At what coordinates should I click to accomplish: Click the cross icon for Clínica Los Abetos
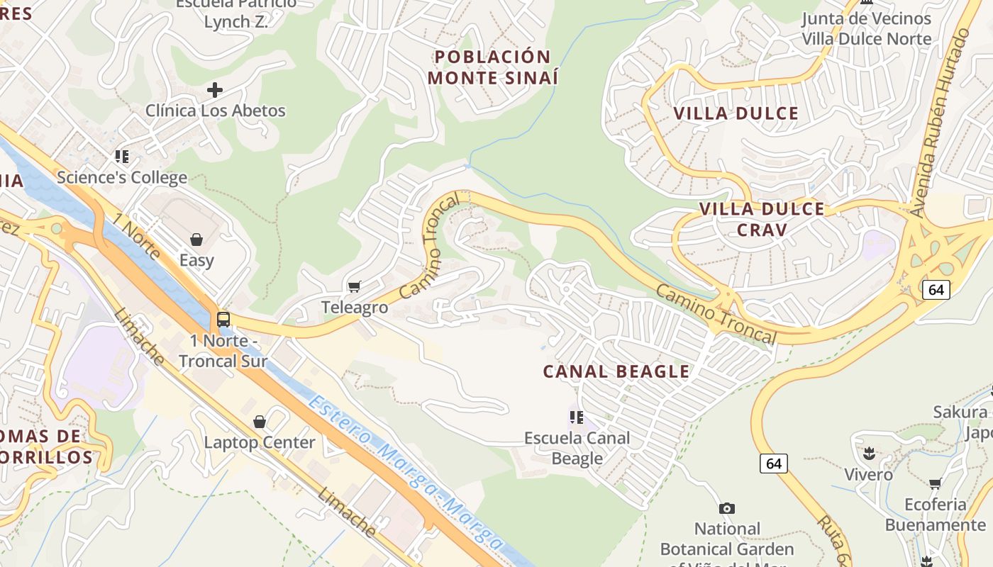point(214,90)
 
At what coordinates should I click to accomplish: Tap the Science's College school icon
point(122,156)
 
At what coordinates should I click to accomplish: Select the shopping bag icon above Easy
point(196,240)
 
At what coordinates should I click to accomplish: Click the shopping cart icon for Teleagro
point(354,286)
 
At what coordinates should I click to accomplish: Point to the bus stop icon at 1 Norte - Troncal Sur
point(223,320)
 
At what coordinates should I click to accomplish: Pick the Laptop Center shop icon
point(260,422)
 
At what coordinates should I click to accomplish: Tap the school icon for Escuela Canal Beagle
point(577,417)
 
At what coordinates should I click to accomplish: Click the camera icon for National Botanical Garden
point(726,508)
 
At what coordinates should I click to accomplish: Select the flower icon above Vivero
point(868,453)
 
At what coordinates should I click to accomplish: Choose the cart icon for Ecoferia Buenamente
point(935,484)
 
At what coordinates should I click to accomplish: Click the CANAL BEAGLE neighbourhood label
point(616,371)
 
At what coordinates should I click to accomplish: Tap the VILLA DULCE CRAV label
point(762,219)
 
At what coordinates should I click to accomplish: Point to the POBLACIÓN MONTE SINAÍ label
point(493,67)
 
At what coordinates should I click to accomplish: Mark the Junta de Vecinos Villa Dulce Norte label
point(866,28)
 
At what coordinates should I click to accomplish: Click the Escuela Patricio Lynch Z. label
point(236,13)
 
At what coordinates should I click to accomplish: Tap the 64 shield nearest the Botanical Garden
point(773,464)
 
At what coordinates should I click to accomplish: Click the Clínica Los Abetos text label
point(215,111)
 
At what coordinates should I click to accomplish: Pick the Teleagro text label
point(355,307)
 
